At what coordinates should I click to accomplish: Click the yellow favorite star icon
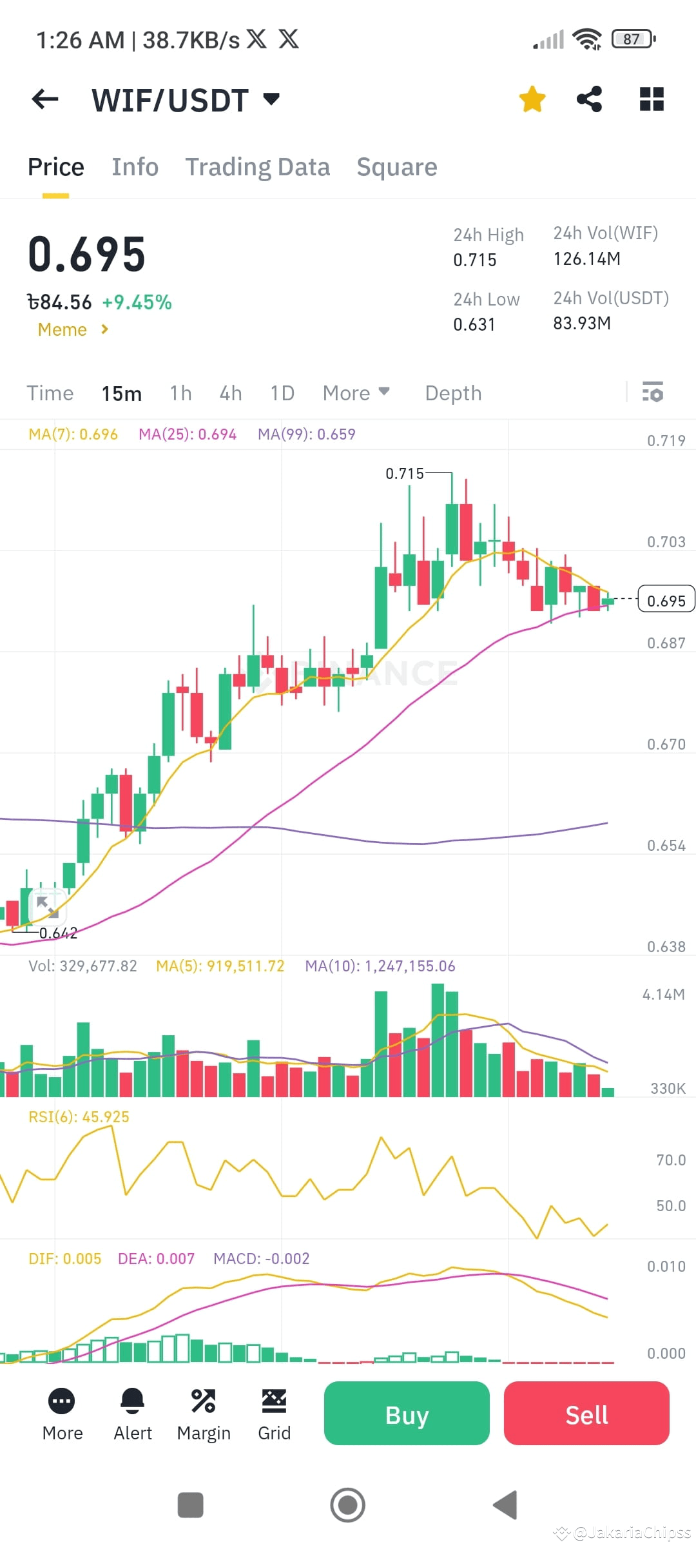click(x=532, y=99)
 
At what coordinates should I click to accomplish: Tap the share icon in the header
click(x=589, y=99)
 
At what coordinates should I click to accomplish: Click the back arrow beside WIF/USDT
click(x=45, y=99)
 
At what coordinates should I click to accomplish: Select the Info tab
click(x=135, y=167)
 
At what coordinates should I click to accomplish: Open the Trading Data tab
click(x=258, y=167)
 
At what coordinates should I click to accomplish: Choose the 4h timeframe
click(x=231, y=393)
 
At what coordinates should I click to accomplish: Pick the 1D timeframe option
click(x=282, y=393)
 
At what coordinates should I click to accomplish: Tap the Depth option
click(x=453, y=393)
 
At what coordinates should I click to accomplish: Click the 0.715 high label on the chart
click(x=405, y=474)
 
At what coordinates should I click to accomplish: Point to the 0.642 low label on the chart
click(x=58, y=933)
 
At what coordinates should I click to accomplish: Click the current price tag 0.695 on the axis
click(x=666, y=601)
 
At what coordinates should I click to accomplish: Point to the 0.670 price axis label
click(x=666, y=744)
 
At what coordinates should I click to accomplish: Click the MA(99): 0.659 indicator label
click(x=306, y=434)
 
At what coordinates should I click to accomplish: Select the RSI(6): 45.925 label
click(x=79, y=1117)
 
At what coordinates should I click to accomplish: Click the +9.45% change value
click(x=137, y=302)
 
